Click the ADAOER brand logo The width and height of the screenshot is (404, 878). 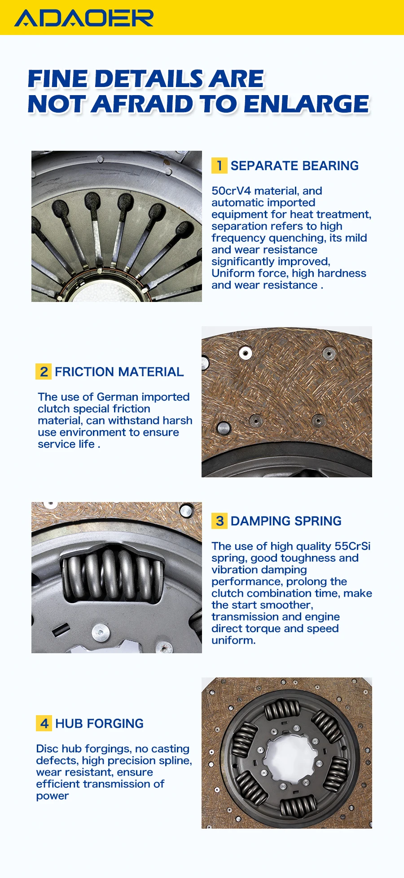(x=84, y=18)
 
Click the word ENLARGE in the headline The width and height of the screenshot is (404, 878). (x=306, y=104)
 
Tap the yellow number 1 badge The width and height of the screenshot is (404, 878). (x=219, y=166)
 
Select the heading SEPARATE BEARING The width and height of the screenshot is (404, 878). (x=294, y=166)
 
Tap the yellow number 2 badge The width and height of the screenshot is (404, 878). (x=44, y=371)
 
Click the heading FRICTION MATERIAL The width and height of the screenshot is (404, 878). (x=119, y=371)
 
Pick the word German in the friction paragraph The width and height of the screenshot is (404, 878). (x=117, y=397)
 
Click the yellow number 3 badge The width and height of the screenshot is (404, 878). (x=219, y=521)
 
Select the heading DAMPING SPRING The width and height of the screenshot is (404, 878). (x=286, y=521)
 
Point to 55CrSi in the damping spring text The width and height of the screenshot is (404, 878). (x=352, y=546)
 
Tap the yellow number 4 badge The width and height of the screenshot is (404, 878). (x=44, y=723)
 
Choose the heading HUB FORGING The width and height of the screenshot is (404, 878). (x=99, y=723)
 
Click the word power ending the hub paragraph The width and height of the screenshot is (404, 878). (x=53, y=795)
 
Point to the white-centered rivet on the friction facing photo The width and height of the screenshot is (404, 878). (x=245, y=353)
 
